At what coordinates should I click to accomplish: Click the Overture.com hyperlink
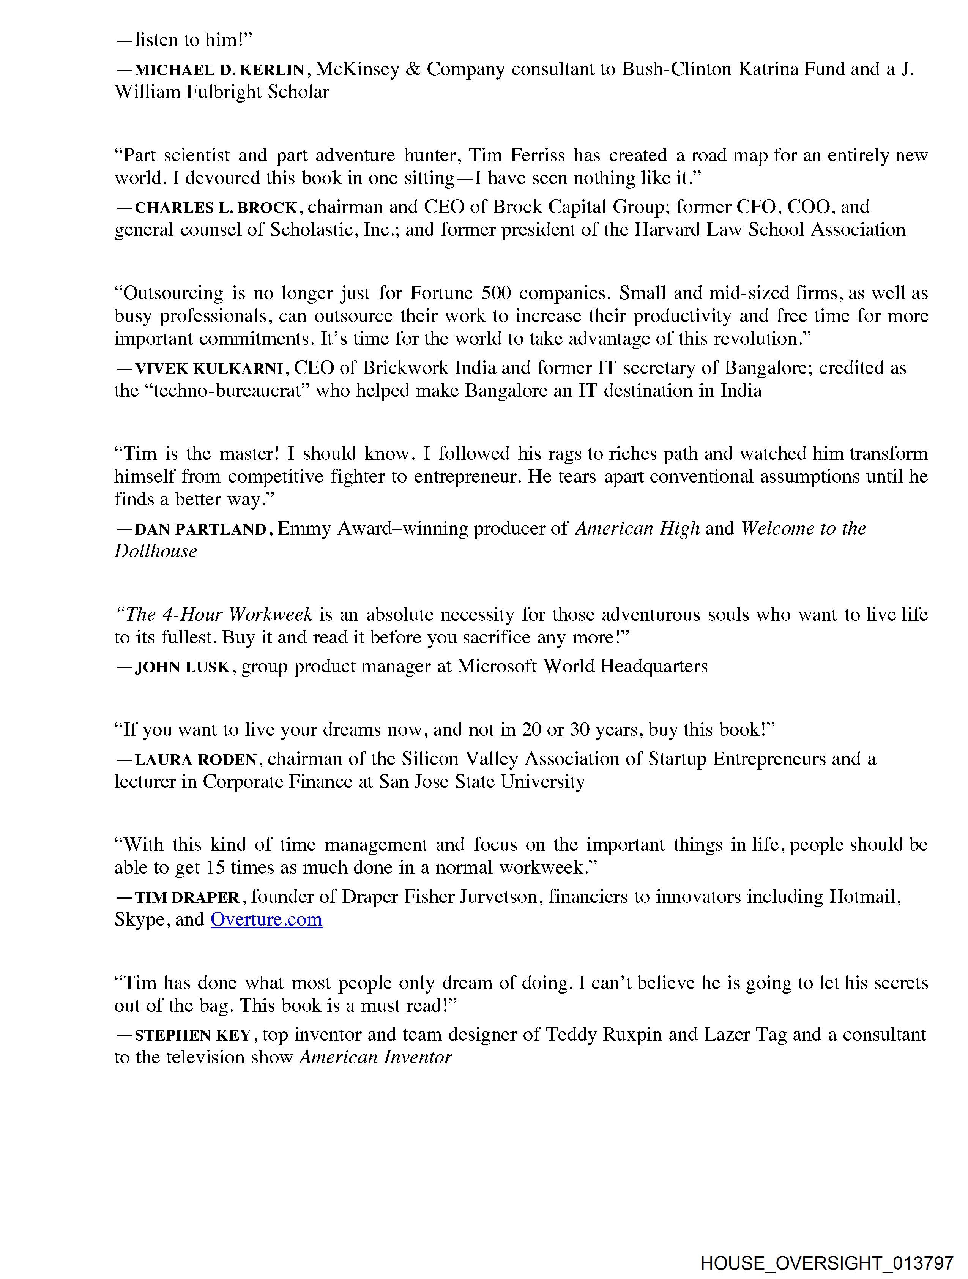coord(266,919)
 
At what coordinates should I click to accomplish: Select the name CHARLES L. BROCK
coord(216,208)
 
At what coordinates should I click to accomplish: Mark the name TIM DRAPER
coord(187,898)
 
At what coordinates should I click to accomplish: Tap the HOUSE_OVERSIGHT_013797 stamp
coord(827,1262)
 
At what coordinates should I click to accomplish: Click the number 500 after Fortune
coord(496,293)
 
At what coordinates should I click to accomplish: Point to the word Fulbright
coord(224,93)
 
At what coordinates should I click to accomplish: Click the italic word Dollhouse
coord(156,552)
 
